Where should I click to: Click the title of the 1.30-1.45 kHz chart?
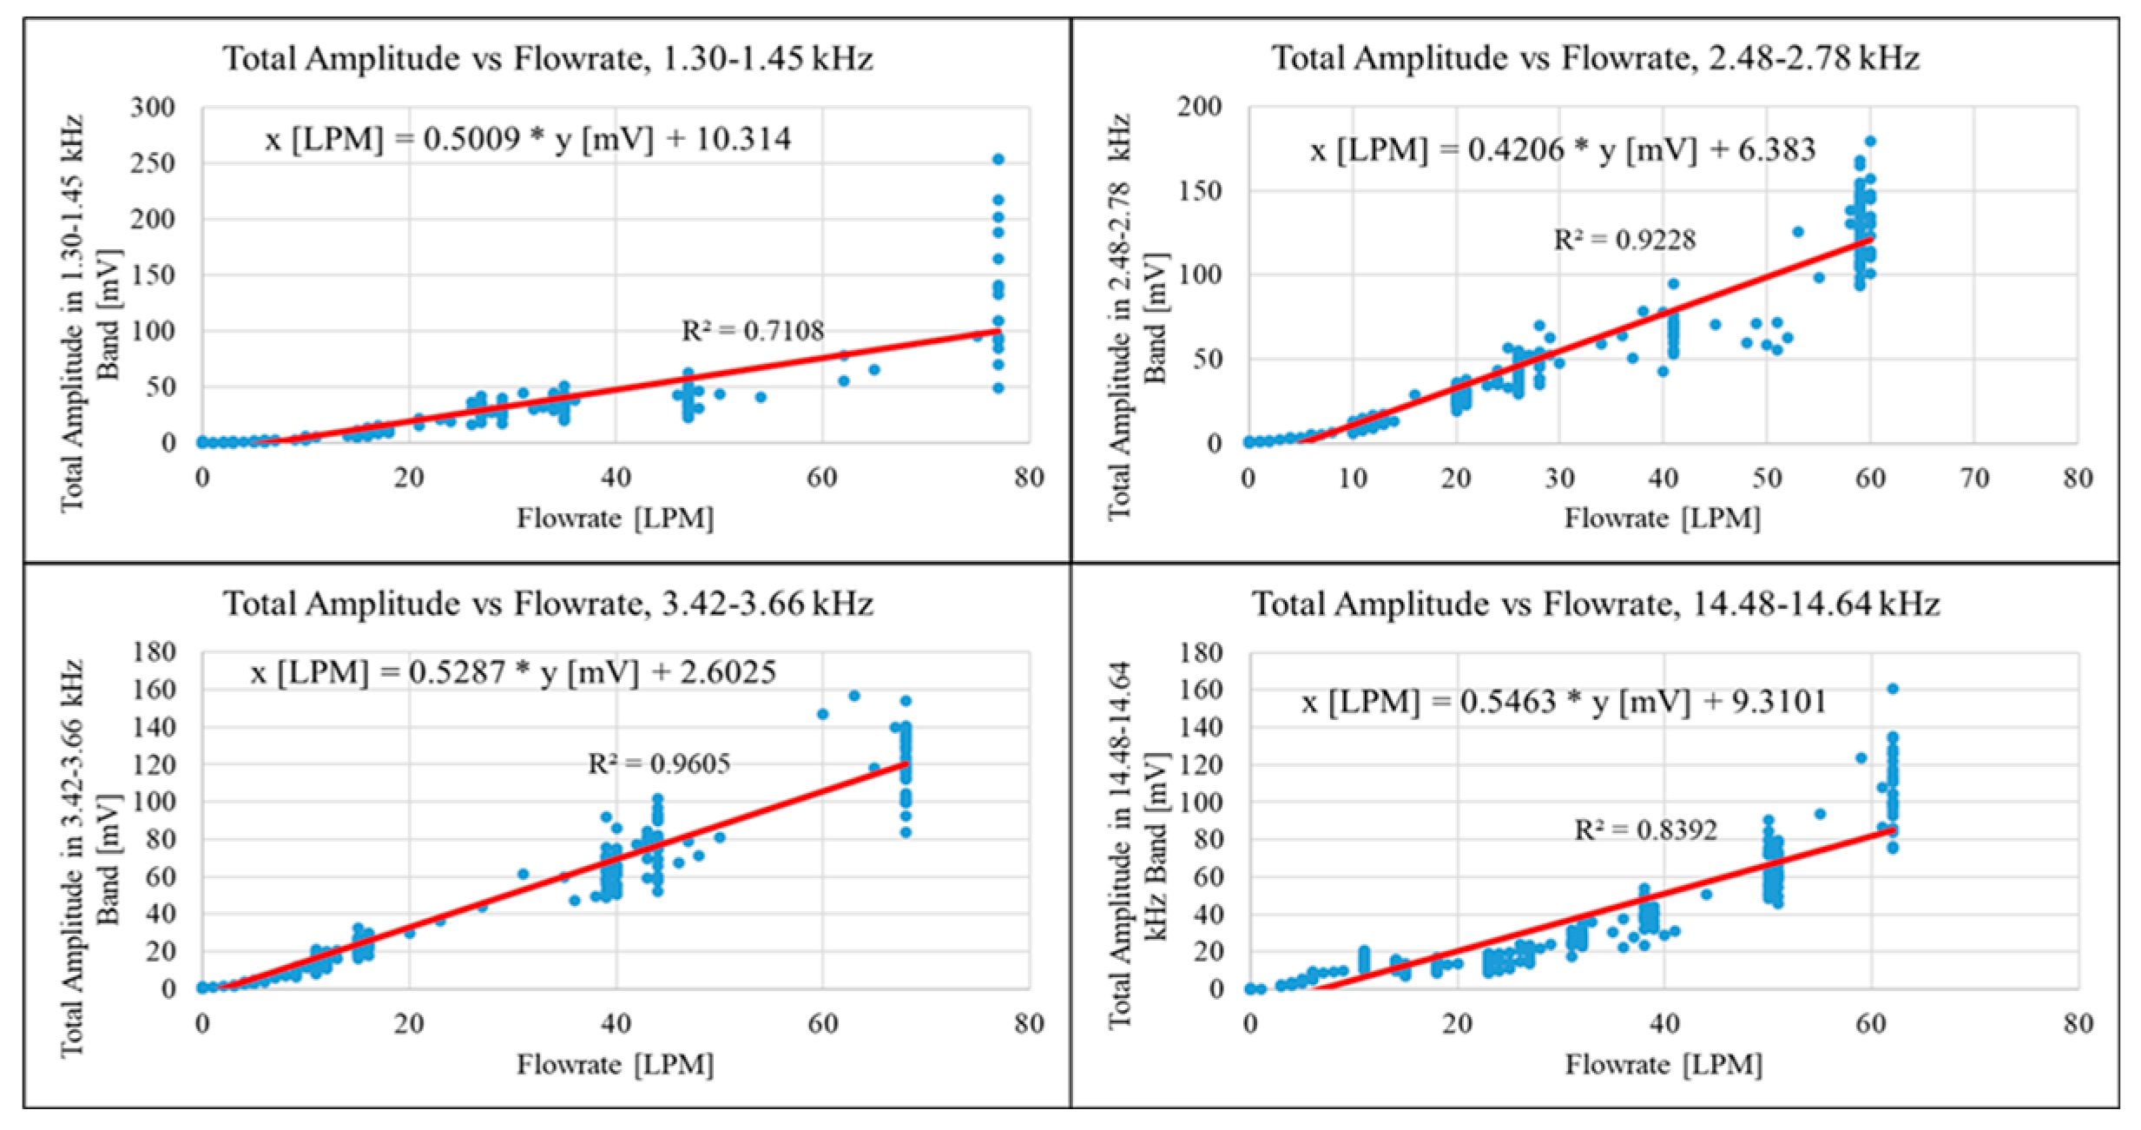click(x=548, y=59)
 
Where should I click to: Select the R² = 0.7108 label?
click(x=752, y=331)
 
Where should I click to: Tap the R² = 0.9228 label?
click(x=1624, y=240)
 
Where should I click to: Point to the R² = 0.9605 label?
click(x=659, y=763)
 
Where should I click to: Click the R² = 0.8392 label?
click(x=1645, y=830)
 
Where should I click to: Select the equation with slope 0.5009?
click(x=528, y=139)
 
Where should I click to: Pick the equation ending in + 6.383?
click(x=1562, y=150)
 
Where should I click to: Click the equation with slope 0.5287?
click(x=513, y=672)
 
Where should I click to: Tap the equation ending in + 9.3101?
click(x=1563, y=701)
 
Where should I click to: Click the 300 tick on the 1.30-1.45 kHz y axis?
click(x=153, y=108)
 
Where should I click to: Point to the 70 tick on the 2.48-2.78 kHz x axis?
click(x=1974, y=478)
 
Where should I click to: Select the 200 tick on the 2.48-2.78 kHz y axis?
click(x=1200, y=107)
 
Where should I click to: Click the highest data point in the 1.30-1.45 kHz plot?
click(x=998, y=160)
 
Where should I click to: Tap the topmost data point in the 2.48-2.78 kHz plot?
click(x=1871, y=142)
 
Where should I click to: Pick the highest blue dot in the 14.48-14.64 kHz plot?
click(x=1893, y=689)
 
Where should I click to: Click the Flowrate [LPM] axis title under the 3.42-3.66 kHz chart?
click(x=615, y=1064)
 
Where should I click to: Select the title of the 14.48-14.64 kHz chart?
click(x=1595, y=604)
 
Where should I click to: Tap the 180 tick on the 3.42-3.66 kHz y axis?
click(x=153, y=651)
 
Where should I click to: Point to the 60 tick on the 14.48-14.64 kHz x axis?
click(x=1871, y=1024)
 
